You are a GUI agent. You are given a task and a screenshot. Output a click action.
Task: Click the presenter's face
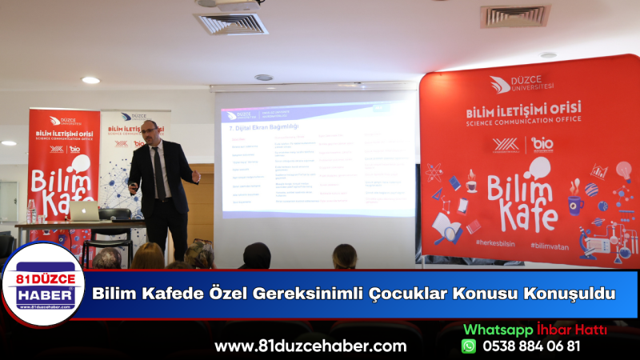[x=149, y=131]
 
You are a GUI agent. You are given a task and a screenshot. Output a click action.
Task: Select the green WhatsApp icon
[x=469, y=346]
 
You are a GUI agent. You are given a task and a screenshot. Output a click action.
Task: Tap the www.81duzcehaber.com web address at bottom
[x=310, y=346]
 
